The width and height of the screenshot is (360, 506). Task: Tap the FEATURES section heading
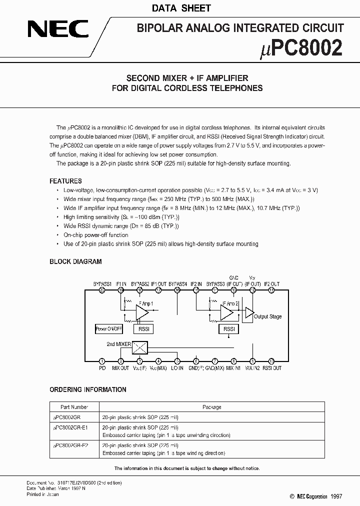click(x=65, y=181)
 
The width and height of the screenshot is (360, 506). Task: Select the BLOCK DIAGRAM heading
click(x=75, y=261)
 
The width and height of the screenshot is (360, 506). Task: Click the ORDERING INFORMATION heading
click(x=87, y=389)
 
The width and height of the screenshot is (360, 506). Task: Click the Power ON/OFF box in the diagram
click(x=108, y=329)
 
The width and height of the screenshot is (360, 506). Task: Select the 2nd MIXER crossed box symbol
click(x=140, y=348)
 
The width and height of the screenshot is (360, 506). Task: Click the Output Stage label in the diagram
click(x=268, y=316)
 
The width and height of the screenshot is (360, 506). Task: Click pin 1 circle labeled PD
click(x=102, y=361)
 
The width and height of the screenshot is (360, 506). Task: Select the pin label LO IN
click(x=177, y=368)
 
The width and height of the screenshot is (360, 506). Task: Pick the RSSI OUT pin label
click(x=271, y=368)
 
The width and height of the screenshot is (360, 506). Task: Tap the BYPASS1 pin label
click(x=101, y=284)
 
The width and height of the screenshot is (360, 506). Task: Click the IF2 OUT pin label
click(x=272, y=284)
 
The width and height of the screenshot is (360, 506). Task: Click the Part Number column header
click(x=71, y=407)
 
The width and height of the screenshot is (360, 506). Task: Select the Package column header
click(x=211, y=407)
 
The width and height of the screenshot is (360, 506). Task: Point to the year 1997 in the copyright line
click(x=336, y=496)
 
